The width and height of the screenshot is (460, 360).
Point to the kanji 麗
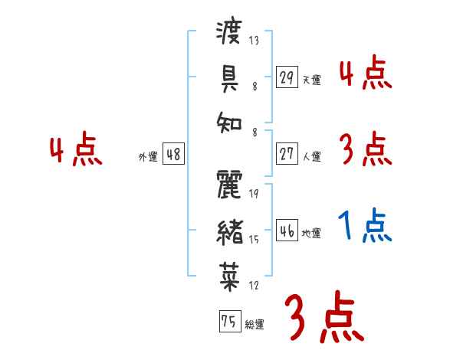tap(230, 185)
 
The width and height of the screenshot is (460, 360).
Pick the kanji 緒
tap(230, 229)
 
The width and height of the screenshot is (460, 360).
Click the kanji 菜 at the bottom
tap(230, 272)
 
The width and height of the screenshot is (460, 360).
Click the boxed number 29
tap(287, 77)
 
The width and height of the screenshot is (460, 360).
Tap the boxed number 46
tap(287, 231)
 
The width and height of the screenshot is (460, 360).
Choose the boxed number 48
tap(173, 155)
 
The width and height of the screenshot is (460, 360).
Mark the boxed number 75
tap(228, 322)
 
